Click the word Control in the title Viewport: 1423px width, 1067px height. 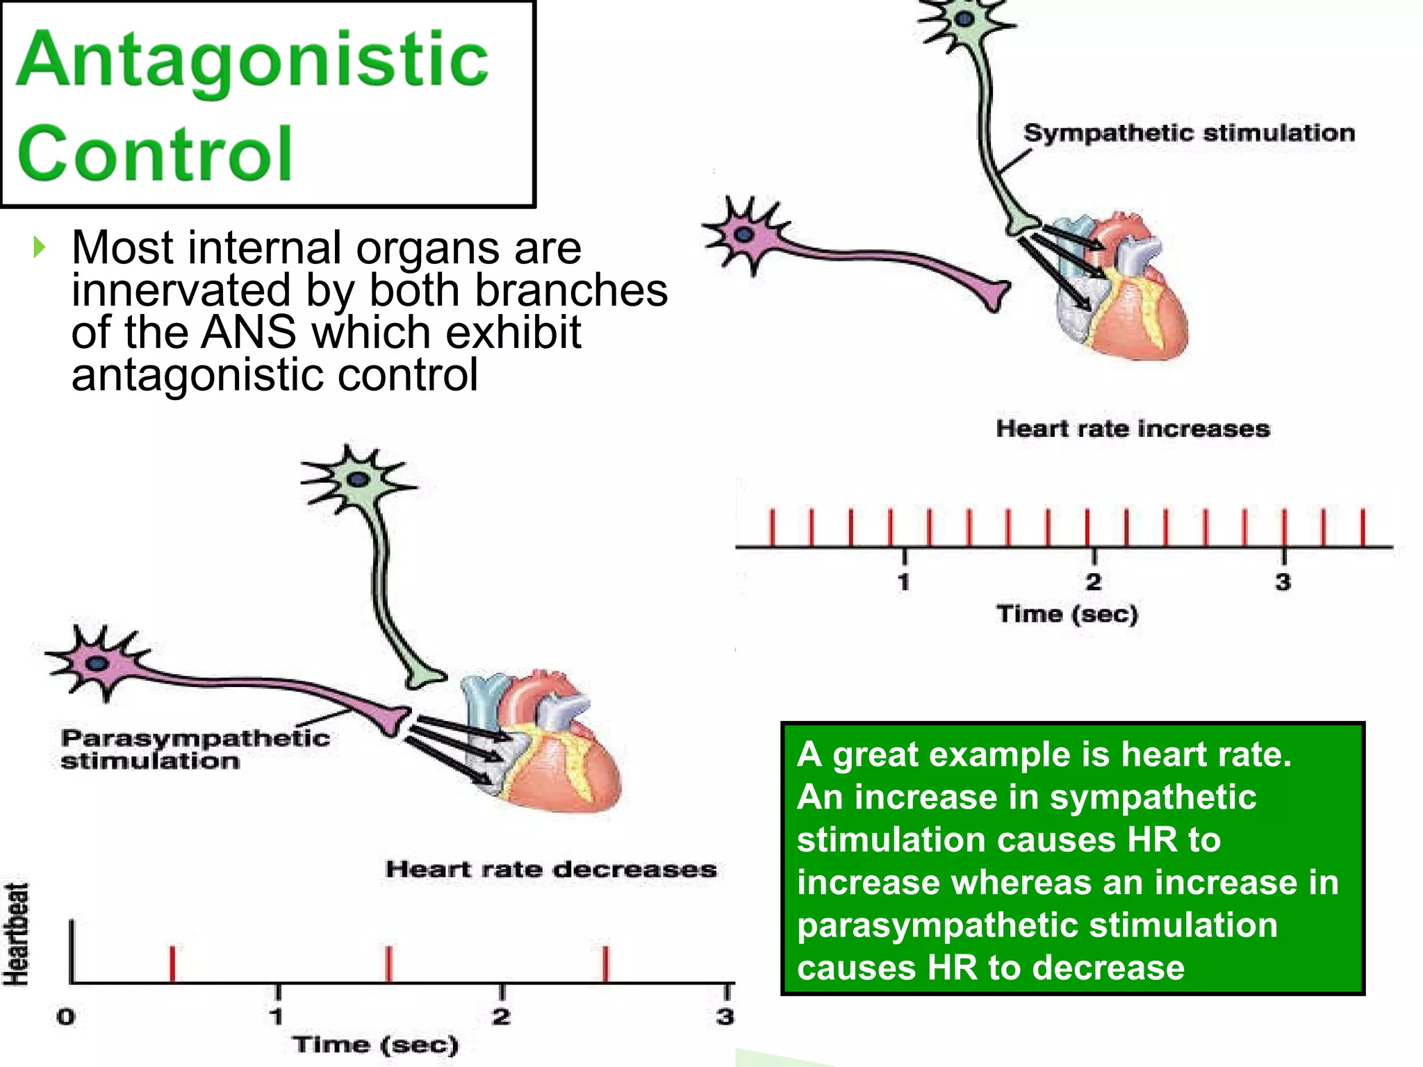tap(154, 154)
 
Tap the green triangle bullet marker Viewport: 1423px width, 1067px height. tap(39, 247)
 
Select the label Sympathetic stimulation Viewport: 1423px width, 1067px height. tap(1188, 133)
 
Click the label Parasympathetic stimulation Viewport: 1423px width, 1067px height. tap(195, 749)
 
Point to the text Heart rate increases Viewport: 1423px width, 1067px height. tap(1133, 429)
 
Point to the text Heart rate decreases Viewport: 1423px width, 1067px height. tap(551, 869)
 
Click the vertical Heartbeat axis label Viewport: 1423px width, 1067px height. tap(17, 934)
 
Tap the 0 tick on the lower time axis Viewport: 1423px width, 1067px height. tap(66, 1017)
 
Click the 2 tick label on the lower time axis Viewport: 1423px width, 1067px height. tap(501, 1017)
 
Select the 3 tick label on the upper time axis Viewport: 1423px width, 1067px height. tap(1283, 581)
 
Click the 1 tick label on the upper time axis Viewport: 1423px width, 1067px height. tap(903, 581)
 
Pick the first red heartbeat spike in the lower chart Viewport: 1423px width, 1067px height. tap(172, 963)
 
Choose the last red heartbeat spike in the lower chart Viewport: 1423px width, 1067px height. tap(606, 963)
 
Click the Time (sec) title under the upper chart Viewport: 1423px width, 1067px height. tap(1067, 614)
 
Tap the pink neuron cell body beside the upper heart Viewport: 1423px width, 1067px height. tap(743, 235)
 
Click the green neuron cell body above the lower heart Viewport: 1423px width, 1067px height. tap(358, 479)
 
